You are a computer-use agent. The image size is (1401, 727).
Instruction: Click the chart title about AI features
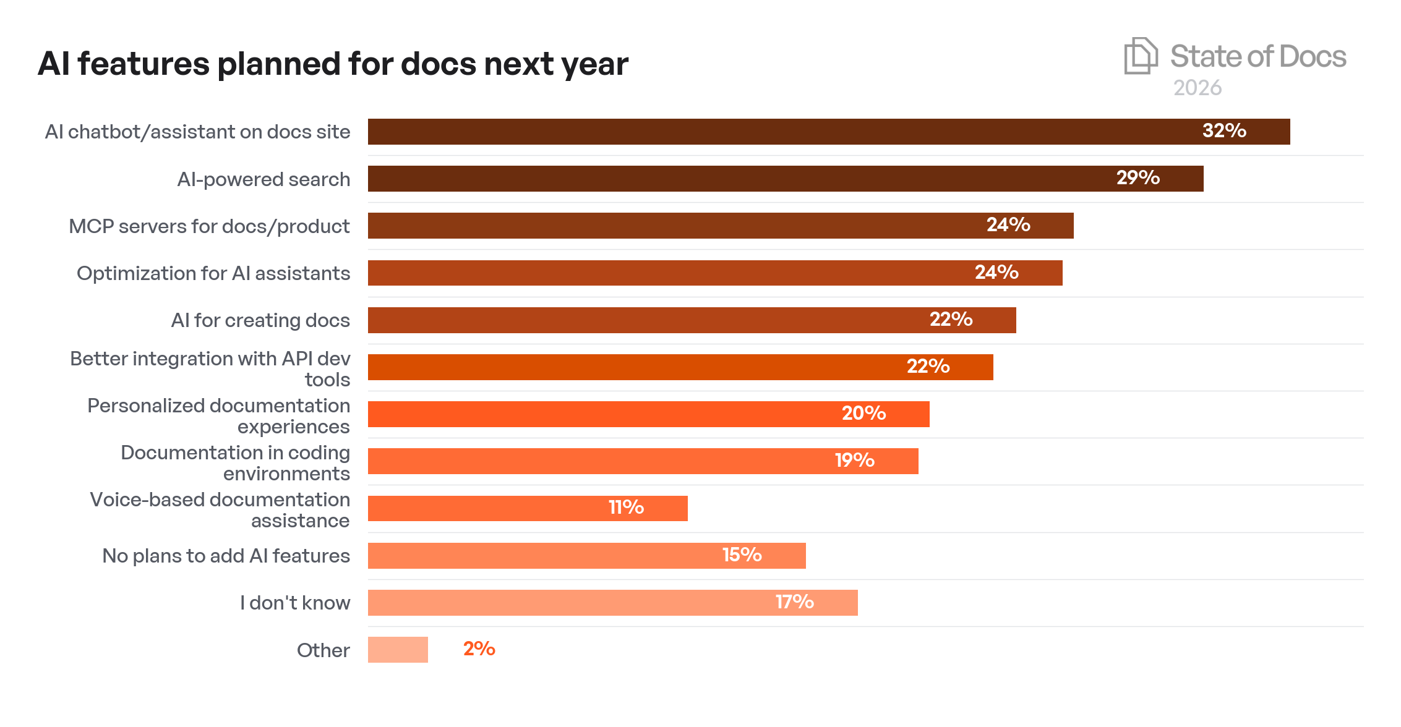coord(333,64)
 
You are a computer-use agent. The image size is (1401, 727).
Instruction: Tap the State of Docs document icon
coord(1140,56)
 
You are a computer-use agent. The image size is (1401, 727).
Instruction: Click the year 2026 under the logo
coord(1197,88)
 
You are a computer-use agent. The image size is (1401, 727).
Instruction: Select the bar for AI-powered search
coord(742,179)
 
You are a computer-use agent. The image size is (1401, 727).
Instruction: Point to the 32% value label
coord(1223,131)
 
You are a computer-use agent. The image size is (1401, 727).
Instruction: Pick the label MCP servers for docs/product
coord(209,226)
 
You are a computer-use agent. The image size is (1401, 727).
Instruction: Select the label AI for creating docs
coord(260,320)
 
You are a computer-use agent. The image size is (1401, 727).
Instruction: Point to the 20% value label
coord(863,414)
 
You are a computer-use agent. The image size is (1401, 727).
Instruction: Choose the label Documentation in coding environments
coord(235,463)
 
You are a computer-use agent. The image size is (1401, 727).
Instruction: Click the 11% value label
coord(626,508)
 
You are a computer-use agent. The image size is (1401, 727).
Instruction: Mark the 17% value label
coord(794,602)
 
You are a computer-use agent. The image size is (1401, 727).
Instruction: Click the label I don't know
coord(294,603)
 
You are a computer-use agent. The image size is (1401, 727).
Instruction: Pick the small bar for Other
coord(398,650)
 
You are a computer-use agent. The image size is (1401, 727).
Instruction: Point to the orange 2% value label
coord(479,649)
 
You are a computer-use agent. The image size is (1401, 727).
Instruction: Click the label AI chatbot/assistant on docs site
coord(197,132)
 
